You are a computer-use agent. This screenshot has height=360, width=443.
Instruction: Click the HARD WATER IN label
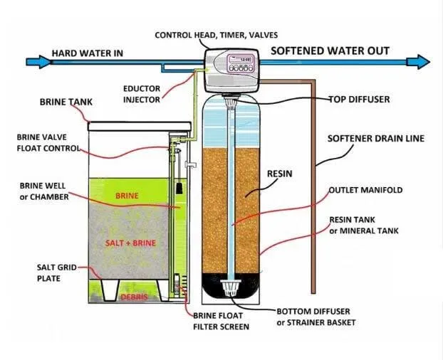click(86, 53)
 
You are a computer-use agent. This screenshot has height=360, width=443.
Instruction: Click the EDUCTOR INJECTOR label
click(142, 95)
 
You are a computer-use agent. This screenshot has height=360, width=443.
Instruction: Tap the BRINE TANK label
click(65, 102)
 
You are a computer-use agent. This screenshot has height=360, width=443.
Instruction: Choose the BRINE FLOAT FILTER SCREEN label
click(220, 320)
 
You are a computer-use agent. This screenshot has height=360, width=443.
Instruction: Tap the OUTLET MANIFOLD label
click(365, 191)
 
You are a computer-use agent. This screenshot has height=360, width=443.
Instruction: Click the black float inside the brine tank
click(182, 187)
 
